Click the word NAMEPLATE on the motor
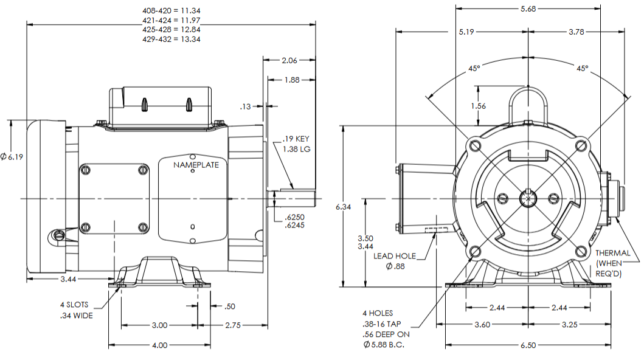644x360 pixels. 192,165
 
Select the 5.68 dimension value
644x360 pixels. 527,9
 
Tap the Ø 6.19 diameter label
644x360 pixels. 12,157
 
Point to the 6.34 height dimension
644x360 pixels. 344,207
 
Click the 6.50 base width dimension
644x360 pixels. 527,345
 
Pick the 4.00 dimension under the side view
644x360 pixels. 159,345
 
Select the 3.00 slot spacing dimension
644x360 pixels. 159,325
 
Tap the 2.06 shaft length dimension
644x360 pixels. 289,60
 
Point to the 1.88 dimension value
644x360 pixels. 292,80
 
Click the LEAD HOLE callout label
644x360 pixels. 395,256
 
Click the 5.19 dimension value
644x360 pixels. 466,32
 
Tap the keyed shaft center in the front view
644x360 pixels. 528,199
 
